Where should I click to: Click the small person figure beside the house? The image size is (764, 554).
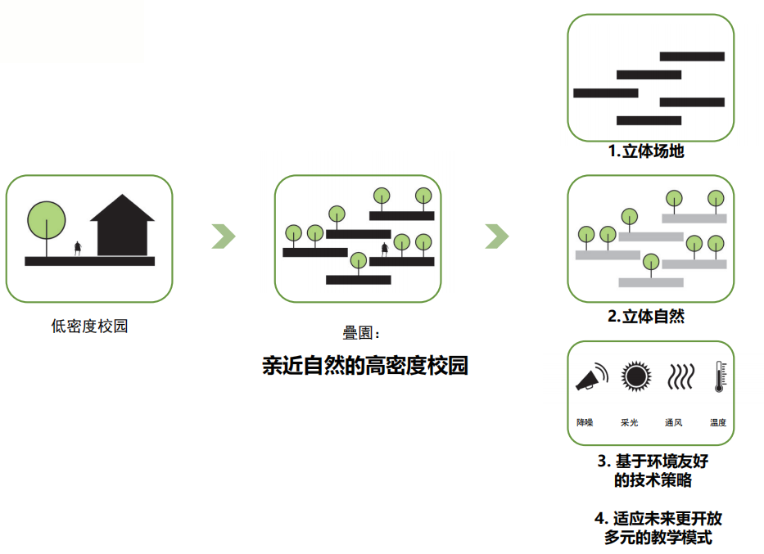coord(78,247)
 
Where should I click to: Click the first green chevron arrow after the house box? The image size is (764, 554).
coord(224,236)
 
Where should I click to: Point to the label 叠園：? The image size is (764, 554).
coord(361,333)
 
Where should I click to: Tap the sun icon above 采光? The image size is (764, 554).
coord(635,376)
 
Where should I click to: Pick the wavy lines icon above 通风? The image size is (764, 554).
coord(679,377)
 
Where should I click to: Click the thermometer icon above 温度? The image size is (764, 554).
coord(719,376)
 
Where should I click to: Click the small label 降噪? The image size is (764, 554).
coord(585,423)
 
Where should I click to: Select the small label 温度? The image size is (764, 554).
coord(718,423)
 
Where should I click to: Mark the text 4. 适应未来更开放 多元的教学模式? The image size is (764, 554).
coord(658,528)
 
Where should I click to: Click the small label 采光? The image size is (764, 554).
coord(629,423)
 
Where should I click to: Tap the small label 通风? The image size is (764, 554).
coord(673,423)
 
